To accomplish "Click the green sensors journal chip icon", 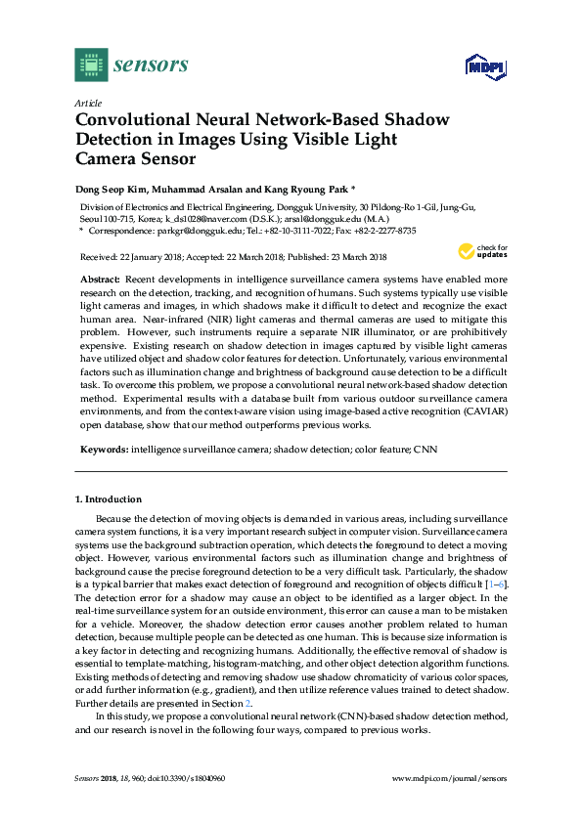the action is point(90,65).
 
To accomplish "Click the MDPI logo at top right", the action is point(483,67).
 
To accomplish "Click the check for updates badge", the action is point(486,252).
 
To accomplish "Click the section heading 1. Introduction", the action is point(109,498).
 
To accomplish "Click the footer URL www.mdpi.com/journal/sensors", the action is point(448,779).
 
